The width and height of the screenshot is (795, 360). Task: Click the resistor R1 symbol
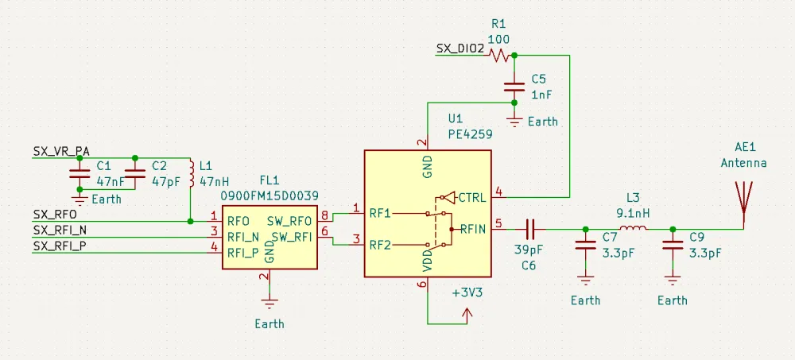[500, 56]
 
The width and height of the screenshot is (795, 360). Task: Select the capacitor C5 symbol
[514, 87]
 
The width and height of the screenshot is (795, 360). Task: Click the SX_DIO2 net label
[460, 48]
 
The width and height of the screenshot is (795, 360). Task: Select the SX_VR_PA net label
[61, 150]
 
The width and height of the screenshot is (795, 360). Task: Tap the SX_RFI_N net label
[60, 230]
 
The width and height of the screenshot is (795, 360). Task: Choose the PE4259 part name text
[470, 135]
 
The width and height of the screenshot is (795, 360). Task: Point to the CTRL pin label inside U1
[472, 196]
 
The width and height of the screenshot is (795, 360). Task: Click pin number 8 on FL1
[324, 215]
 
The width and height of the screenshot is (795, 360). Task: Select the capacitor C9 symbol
[673, 247]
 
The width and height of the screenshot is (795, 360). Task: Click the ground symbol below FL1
[270, 302]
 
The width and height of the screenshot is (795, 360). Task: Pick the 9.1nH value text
[633, 213]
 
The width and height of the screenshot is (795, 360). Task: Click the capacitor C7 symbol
[586, 247]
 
